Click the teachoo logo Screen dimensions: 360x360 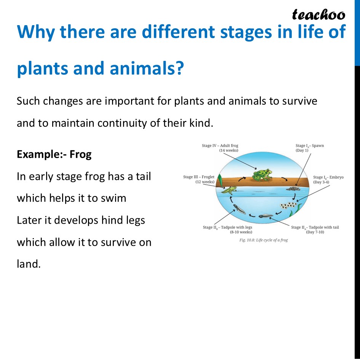coord(318,14)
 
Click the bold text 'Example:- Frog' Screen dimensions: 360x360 coord(54,155)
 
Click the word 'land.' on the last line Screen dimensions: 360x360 coord(29,264)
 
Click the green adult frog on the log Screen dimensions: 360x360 coord(262,175)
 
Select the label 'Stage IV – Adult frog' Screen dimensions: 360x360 coord(220,146)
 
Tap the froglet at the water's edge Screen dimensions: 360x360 coord(229,189)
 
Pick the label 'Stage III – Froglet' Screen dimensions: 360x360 coord(198,177)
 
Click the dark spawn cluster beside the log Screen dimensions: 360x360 coord(293,188)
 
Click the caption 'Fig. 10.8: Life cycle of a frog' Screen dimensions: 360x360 coord(264,240)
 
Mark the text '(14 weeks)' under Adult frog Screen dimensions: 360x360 coord(229,150)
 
